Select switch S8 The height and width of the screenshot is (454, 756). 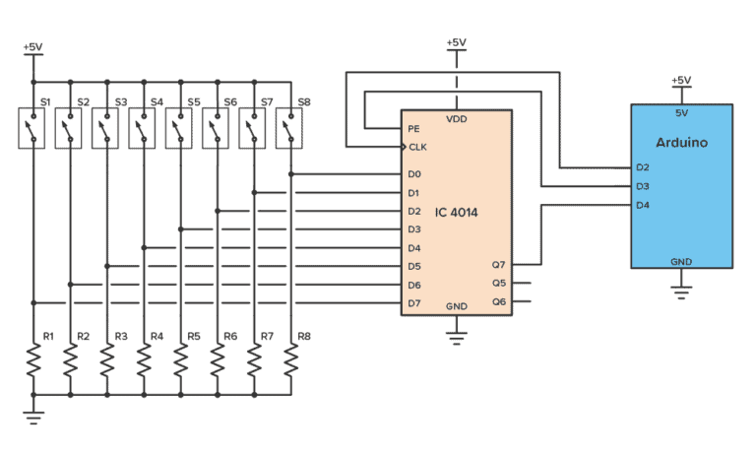(x=290, y=128)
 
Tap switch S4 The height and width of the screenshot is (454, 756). (x=144, y=128)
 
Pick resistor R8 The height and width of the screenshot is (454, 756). (x=290, y=363)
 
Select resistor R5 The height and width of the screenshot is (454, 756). (x=180, y=363)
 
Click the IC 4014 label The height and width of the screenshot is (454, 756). (x=456, y=212)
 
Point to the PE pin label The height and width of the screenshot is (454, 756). (x=414, y=128)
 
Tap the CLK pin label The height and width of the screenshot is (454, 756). (x=417, y=147)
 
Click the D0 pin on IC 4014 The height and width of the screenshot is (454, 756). (x=414, y=174)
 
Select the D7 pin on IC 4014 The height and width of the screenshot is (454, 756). (x=414, y=302)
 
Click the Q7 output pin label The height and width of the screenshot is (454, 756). (x=498, y=264)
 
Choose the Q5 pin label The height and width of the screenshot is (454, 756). (x=498, y=283)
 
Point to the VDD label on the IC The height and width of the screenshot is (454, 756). (x=456, y=119)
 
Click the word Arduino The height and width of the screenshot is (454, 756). (x=681, y=142)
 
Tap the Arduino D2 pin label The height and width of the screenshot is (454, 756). (x=643, y=167)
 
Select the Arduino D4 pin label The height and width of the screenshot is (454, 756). (x=643, y=205)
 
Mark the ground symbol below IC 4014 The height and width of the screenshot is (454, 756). (x=456, y=338)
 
